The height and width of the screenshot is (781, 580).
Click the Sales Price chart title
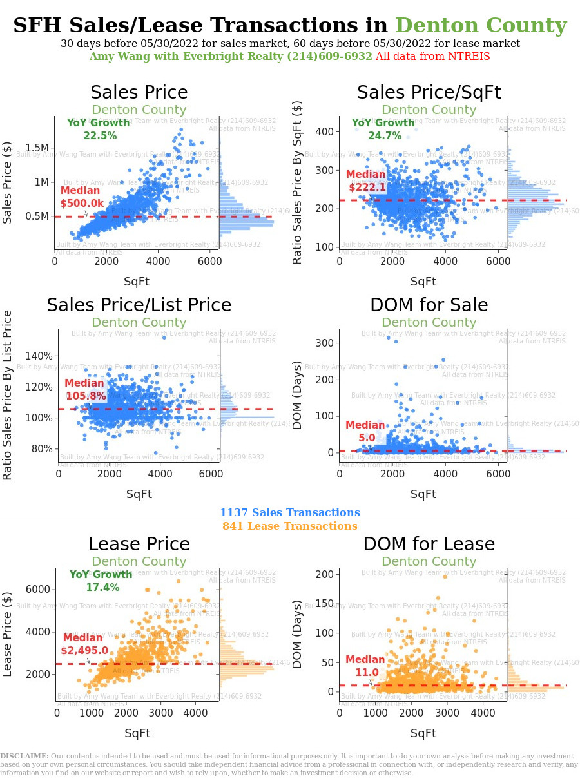pos(139,93)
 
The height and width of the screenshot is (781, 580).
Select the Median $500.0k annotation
pos(81,197)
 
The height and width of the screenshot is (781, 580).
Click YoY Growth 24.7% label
pos(383,130)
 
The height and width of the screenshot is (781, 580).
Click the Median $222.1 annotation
pos(366,181)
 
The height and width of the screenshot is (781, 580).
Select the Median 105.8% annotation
pos(84,390)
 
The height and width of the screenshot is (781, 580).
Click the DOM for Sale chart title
pos(429,305)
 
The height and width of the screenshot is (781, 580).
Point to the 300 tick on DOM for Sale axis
pos(324,343)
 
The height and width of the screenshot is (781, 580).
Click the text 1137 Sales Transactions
pos(289,513)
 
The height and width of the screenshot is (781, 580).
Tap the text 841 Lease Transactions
pos(289,526)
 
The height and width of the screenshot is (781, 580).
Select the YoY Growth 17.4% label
pos(101,581)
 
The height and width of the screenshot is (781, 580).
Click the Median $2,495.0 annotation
pos(84,644)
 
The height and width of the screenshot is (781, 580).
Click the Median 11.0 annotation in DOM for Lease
pos(365,666)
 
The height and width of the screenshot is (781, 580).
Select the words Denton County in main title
pos(481,26)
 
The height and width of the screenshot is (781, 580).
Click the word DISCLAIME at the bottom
pos(24,756)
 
